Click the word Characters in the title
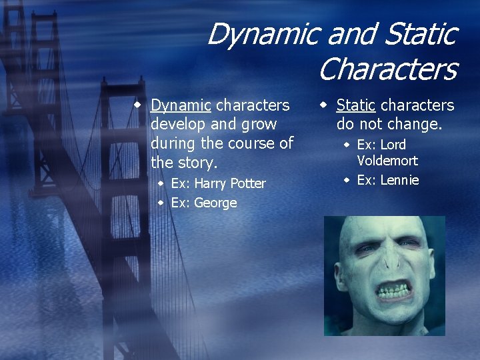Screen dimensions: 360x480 (387, 69)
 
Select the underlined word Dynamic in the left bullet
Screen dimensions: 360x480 (181, 105)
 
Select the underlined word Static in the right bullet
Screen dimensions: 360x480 (355, 105)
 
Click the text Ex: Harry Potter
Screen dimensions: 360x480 (218, 183)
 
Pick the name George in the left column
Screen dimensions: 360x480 (215, 203)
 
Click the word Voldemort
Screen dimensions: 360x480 (387, 161)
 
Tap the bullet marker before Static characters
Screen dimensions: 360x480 (322, 105)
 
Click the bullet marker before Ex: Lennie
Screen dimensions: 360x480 (347, 180)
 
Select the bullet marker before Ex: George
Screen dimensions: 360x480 (161, 203)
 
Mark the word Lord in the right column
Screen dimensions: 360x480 (393, 145)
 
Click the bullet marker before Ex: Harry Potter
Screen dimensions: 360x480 (161, 183)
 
